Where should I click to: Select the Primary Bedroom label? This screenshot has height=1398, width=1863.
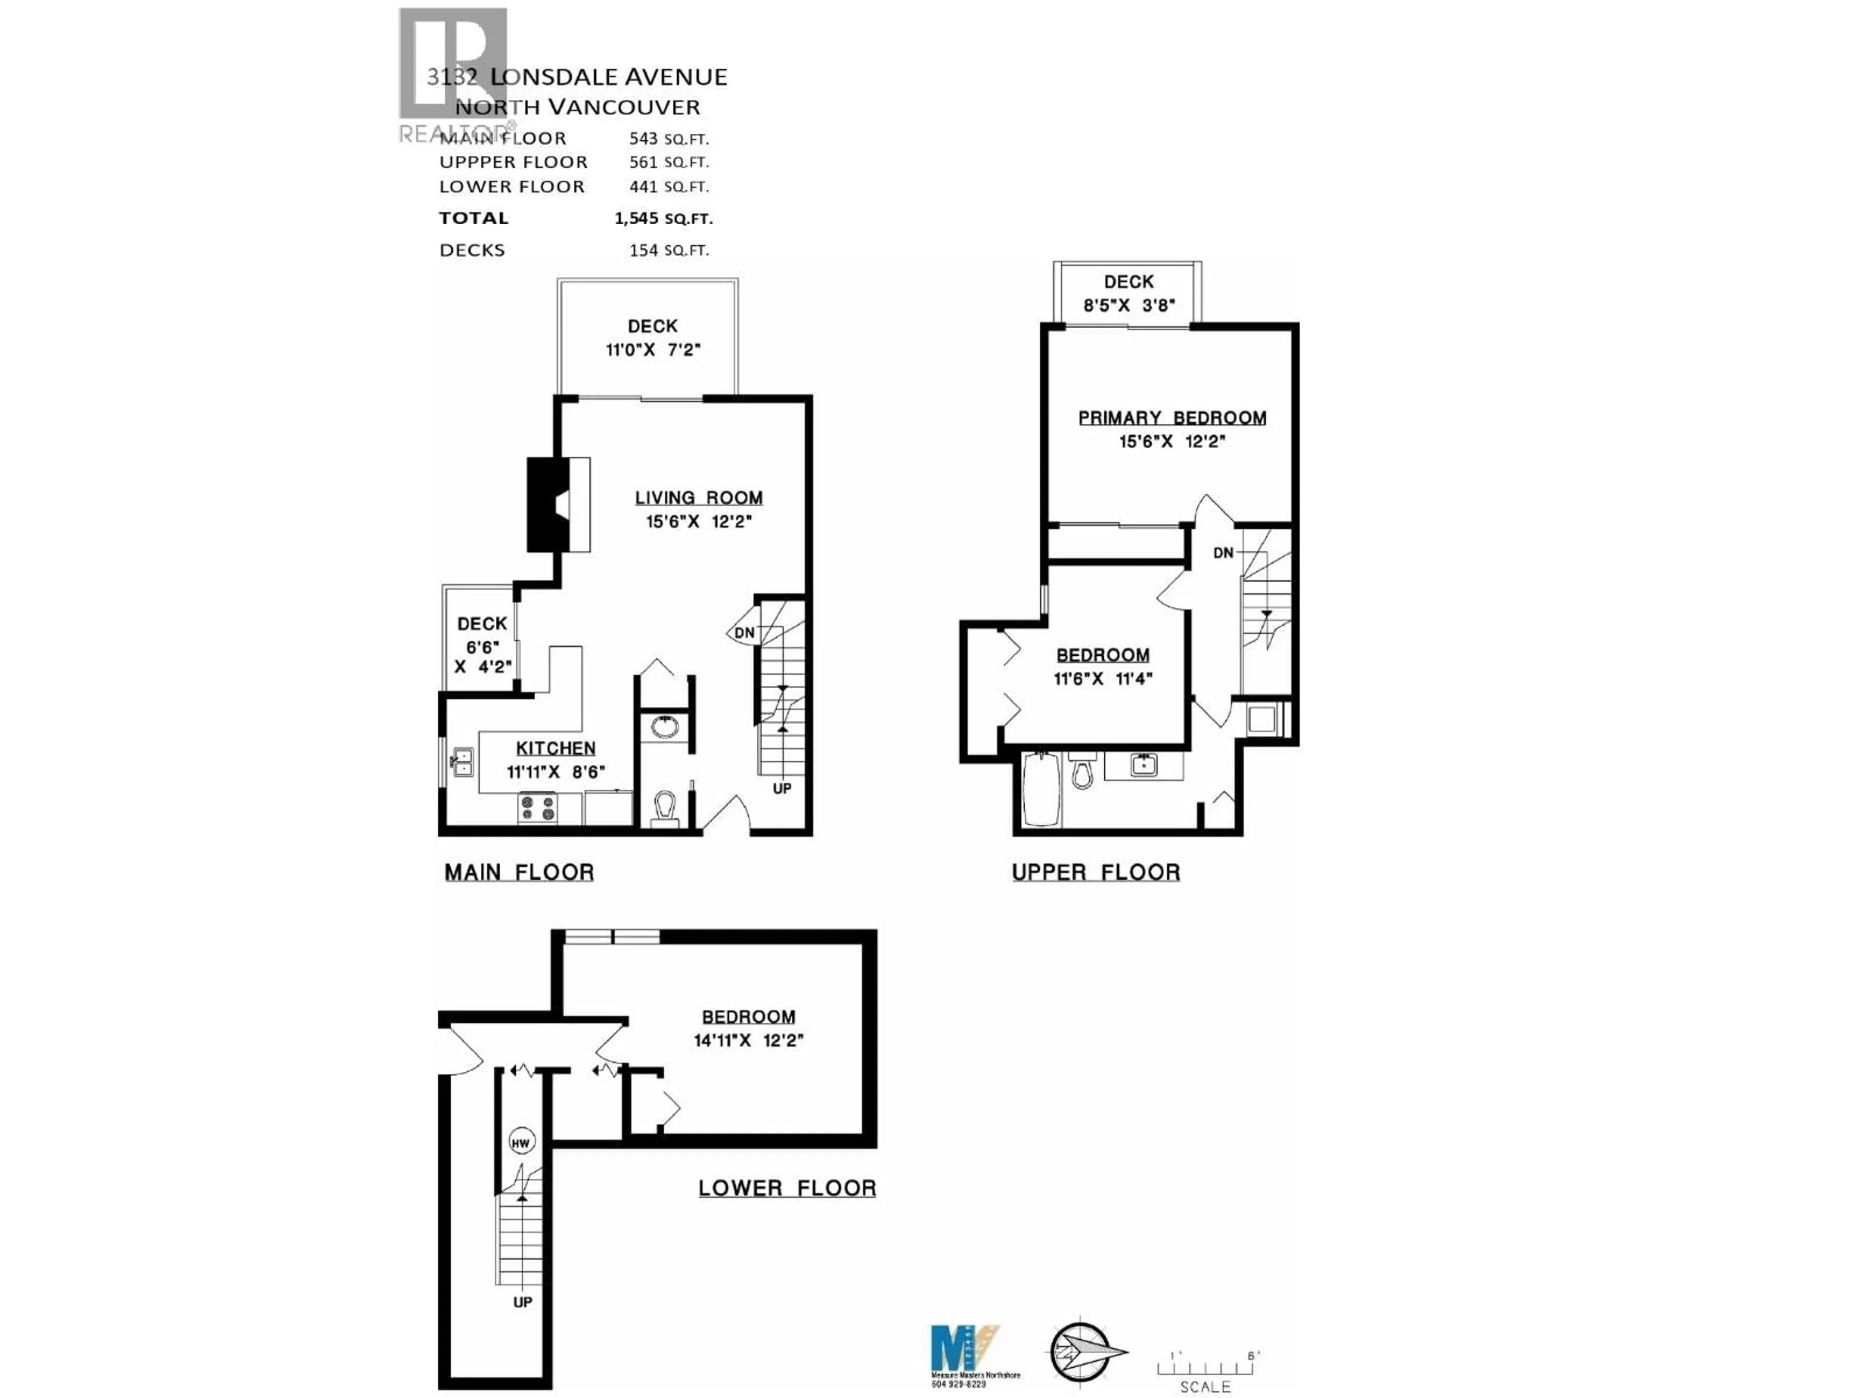click(1172, 418)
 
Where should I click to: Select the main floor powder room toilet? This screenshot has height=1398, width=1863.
click(665, 810)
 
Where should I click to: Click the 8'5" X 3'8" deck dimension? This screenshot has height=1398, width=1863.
click(1128, 305)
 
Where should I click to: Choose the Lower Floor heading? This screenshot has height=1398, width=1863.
click(786, 1188)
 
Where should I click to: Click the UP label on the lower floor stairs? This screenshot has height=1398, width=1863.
click(522, 1302)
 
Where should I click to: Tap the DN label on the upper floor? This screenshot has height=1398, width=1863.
click(1223, 553)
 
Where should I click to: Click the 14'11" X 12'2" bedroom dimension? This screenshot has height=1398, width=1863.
click(748, 1041)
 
